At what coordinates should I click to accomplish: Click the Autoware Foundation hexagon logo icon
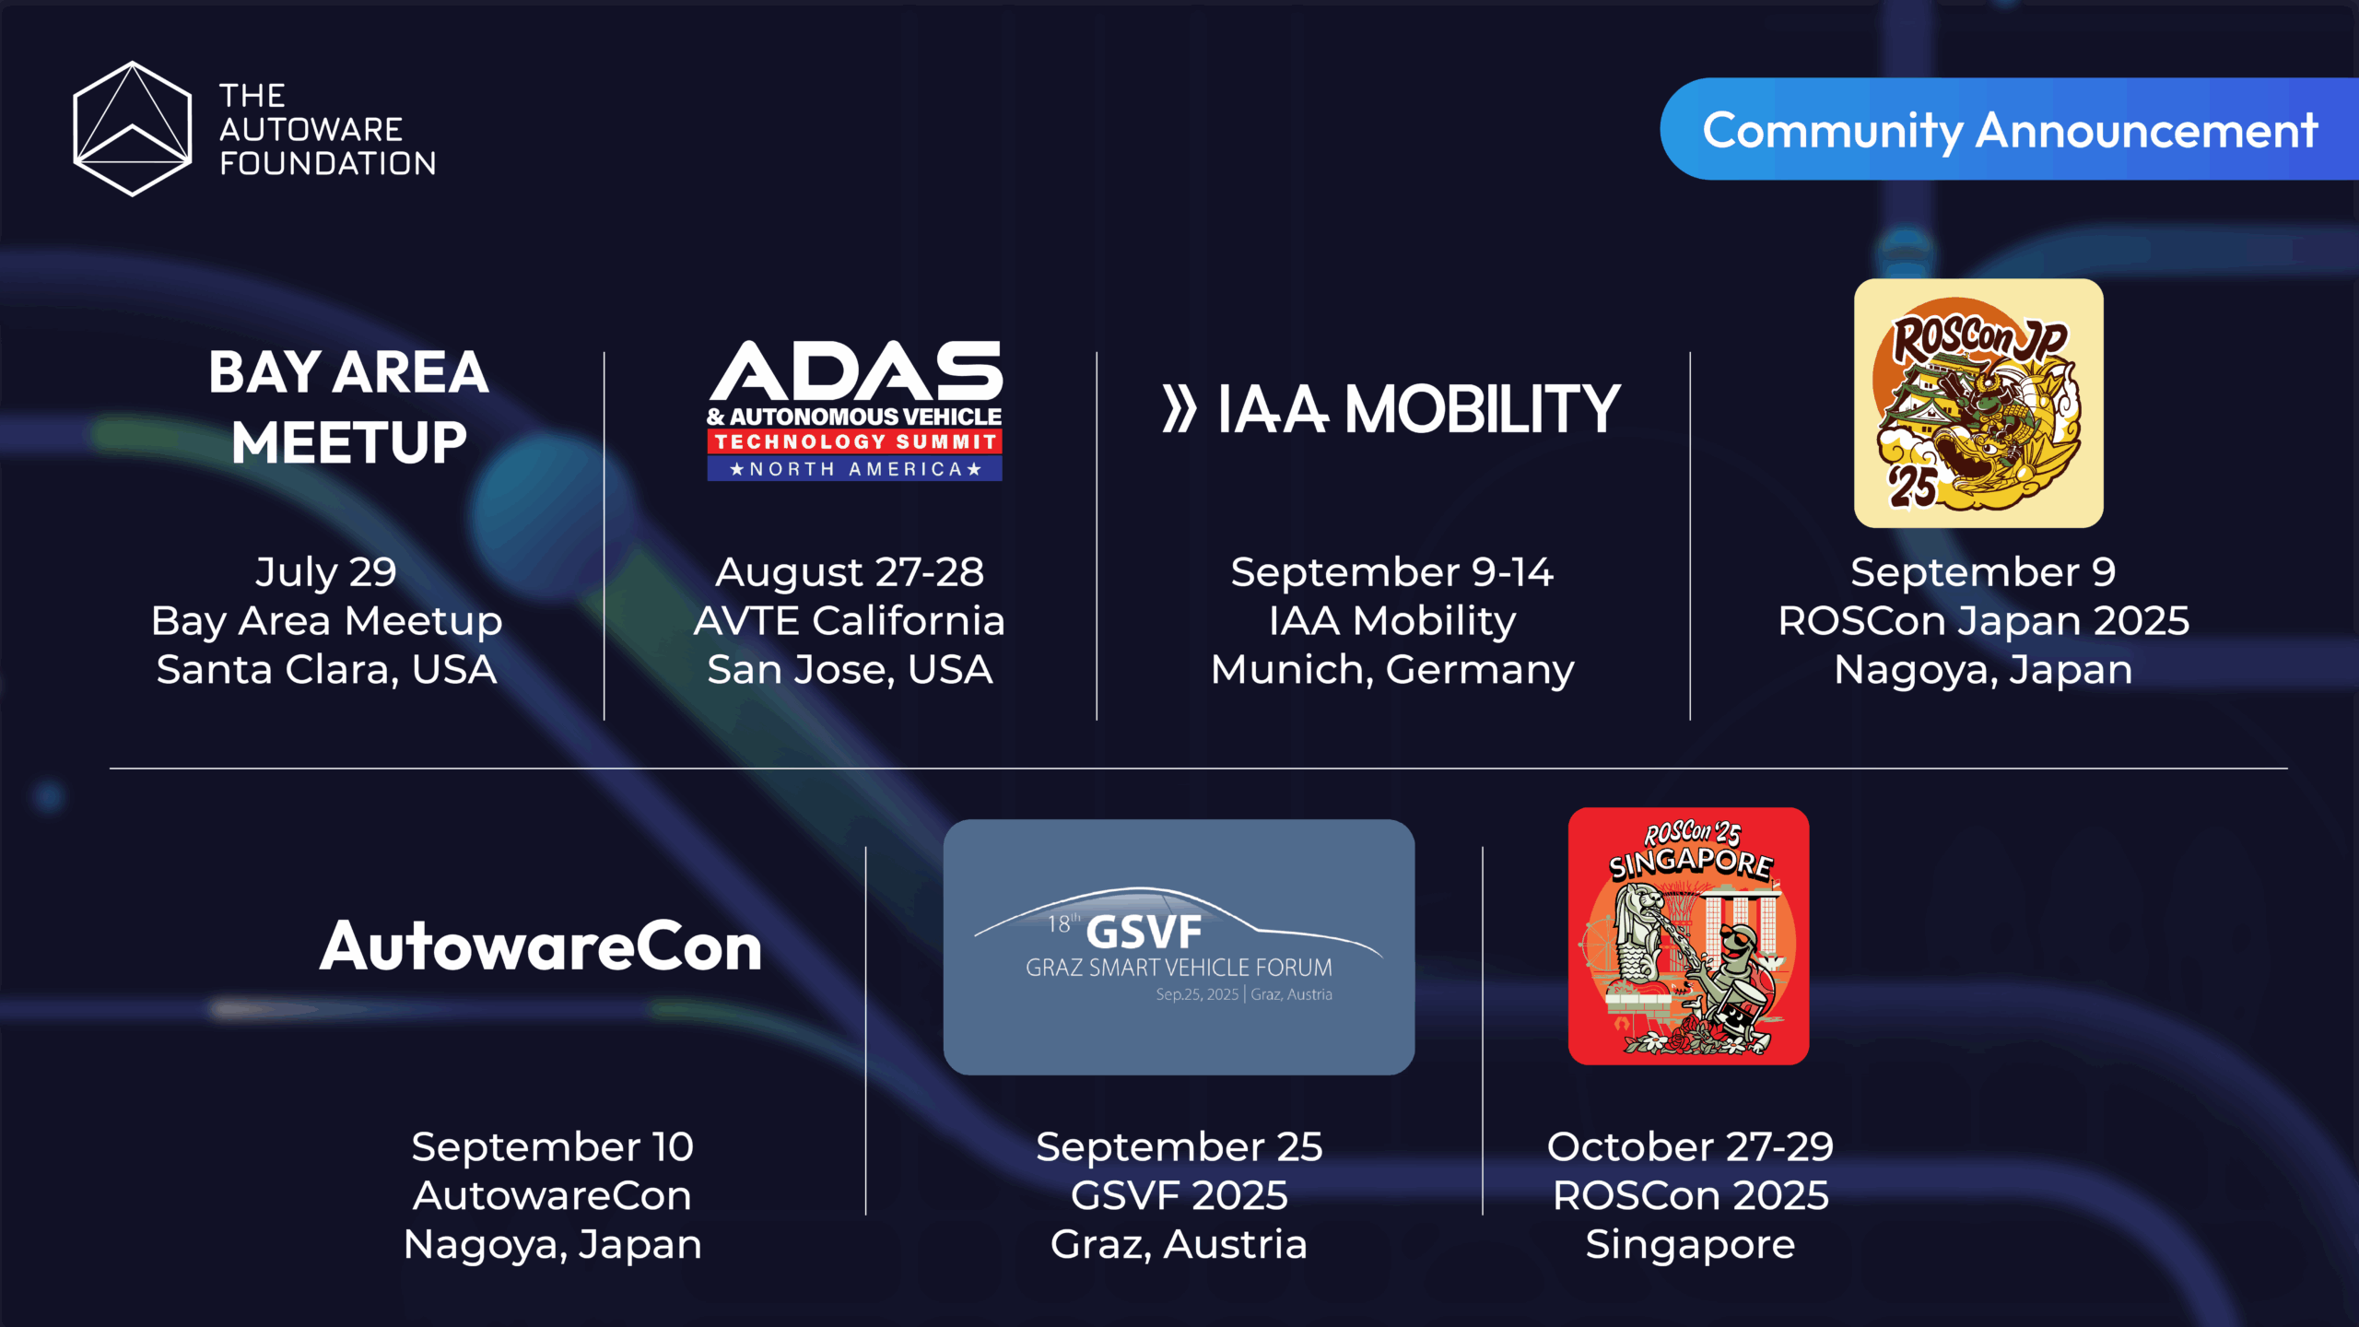click(133, 129)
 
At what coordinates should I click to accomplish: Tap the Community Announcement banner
click(2009, 129)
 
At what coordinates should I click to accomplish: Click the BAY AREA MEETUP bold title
click(348, 407)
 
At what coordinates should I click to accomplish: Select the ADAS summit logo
click(855, 410)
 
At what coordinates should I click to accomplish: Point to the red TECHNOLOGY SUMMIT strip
click(855, 442)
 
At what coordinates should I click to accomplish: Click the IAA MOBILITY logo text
click(1391, 409)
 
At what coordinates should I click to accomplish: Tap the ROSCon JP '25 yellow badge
click(1978, 404)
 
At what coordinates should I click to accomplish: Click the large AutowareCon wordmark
click(541, 946)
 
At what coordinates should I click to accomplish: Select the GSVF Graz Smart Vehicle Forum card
click(1179, 947)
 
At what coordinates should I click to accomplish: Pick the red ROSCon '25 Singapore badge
click(1689, 936)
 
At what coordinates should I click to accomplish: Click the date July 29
click(326, 572)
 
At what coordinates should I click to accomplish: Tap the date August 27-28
click(850, 572)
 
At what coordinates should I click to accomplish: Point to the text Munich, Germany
click(1392, 670)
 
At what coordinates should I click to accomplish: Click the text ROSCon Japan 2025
click(1983, 621)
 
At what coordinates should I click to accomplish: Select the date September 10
click(553, 1147)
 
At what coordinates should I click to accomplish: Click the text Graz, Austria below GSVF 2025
click(1179, 1245)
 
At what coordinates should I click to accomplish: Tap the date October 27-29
click(1690, 1147)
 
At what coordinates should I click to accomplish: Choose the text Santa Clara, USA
click(326, 670)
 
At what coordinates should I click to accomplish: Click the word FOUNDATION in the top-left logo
click(328, 164)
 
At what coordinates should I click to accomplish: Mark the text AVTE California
click(850, 621)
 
